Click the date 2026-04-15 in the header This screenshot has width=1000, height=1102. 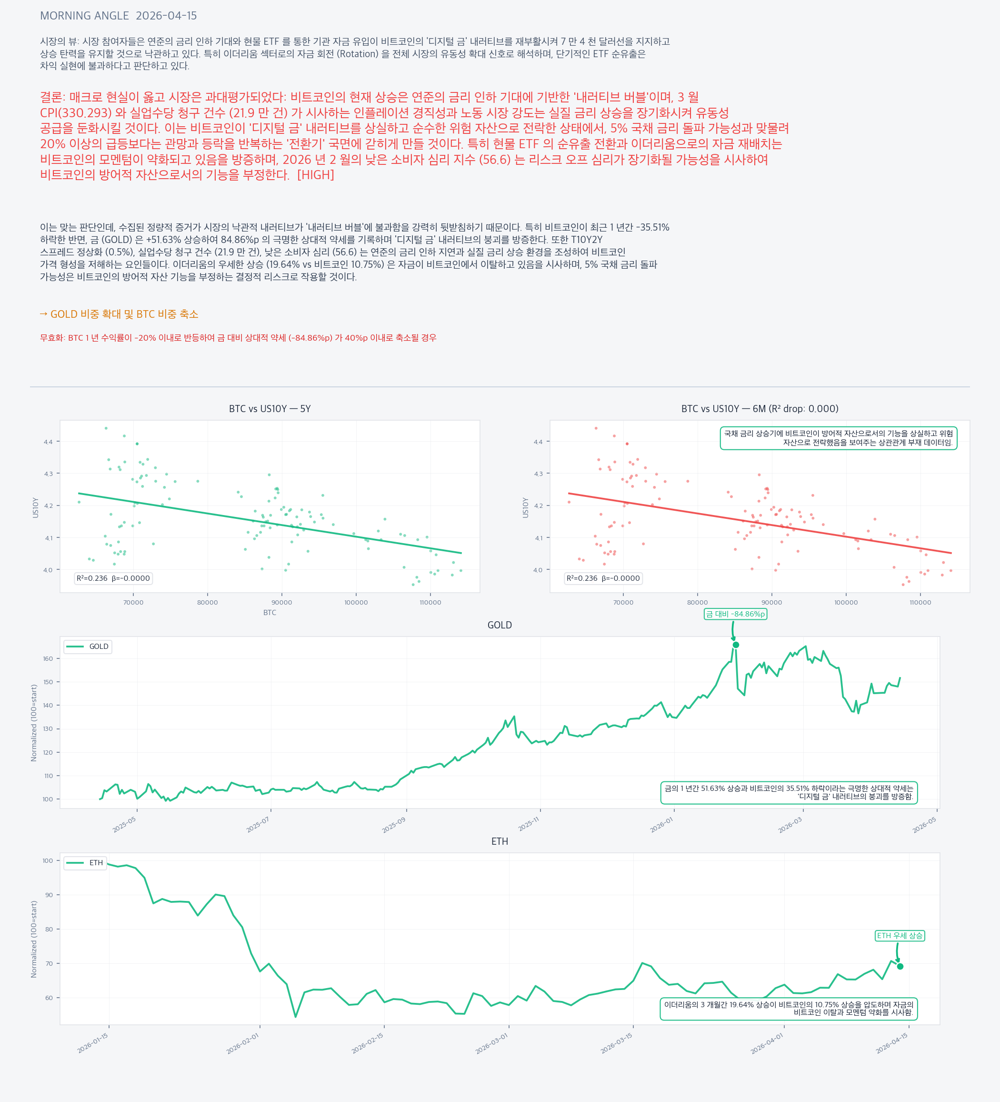tap(166, 16)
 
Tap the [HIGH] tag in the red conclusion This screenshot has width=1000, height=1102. tap(315, 175)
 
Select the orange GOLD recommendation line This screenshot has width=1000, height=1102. tap(119, 314)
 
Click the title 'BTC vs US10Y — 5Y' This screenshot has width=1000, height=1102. tap(270, 409)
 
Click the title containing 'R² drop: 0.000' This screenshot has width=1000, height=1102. tap(760, 409)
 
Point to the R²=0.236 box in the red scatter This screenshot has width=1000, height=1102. tap(603, 578)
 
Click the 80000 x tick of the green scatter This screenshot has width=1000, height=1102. tap(207, 602)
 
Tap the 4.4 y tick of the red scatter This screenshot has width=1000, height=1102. tap(538, 442)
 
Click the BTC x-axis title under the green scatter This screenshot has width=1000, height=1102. tap(270, 613)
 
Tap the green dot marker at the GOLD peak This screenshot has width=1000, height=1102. tap(736, 645)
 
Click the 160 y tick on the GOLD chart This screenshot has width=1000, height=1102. tap(48, 659)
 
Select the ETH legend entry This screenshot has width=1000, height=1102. tap(85, 862)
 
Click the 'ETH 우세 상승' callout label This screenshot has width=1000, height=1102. tap(900, 936)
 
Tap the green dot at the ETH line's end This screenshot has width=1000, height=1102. tap(900, 966)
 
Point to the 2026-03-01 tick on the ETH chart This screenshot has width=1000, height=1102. tap(492, 1043)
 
